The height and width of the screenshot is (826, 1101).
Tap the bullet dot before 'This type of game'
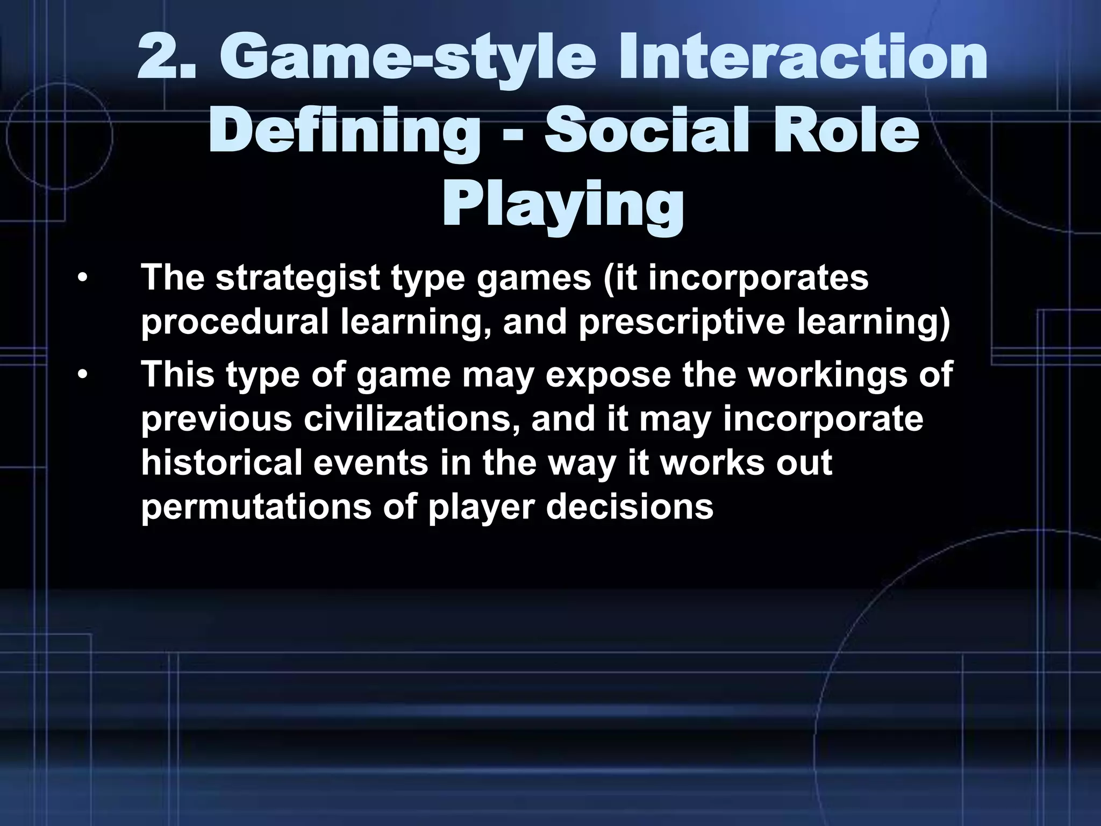[82, 374]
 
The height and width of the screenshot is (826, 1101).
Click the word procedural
[234, 322]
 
